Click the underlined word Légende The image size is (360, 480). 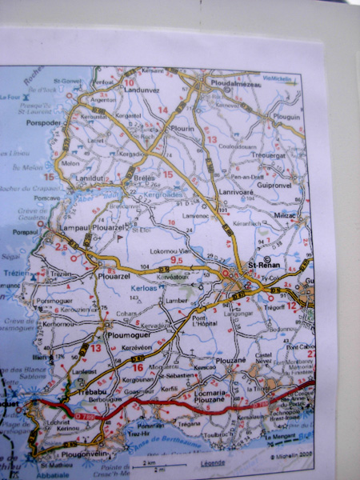point(213,463)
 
